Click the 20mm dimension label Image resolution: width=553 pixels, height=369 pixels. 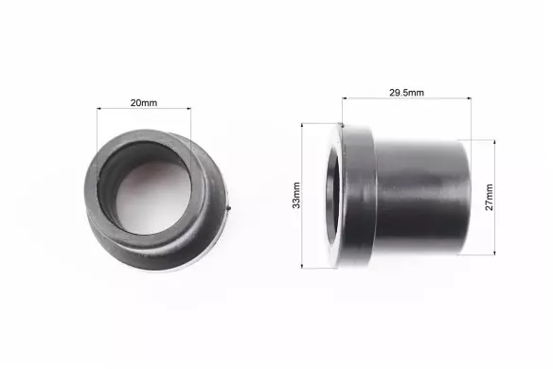(x=144, y=103)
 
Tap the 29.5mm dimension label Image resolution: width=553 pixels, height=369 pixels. (x=406, y=93)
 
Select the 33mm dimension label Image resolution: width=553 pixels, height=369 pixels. (x=296, y=195)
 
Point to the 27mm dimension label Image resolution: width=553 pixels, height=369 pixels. (x=490, y=197)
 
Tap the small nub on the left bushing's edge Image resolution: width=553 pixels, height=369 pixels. (x=229, y=209)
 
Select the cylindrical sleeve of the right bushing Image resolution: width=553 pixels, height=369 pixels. (x=422, y=196)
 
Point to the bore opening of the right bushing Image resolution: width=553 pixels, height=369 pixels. (x=333, y=196)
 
